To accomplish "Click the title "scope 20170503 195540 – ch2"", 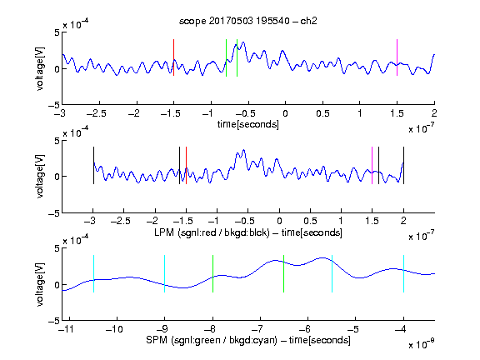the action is coord(248,21).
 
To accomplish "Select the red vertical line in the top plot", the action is coord(173,57).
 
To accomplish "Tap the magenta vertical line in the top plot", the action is coord(397,57).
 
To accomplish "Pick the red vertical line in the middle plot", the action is coord(186,166).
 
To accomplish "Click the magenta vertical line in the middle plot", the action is coord(372,166).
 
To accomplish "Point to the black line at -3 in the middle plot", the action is coord(93,166).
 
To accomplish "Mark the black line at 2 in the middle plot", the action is coord(403,166).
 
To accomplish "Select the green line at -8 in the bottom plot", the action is coord(212,273).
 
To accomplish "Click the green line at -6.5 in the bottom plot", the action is coord(284,273).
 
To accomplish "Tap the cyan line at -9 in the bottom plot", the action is coord(165,273).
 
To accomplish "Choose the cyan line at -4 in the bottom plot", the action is coord(403,273).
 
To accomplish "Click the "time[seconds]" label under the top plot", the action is coord(248,125).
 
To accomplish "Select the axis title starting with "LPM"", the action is coord(248,232).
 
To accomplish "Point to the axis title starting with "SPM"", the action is coord(248,340).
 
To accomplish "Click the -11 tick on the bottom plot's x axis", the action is coord(67,329).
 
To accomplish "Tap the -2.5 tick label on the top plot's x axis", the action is coord(97,113).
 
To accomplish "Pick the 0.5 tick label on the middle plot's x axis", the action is coord(310,221).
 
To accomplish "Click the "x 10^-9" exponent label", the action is coord(421,344).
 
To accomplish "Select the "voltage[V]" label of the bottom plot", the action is coord(40,285).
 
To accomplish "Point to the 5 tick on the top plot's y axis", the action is coord(57,32).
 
